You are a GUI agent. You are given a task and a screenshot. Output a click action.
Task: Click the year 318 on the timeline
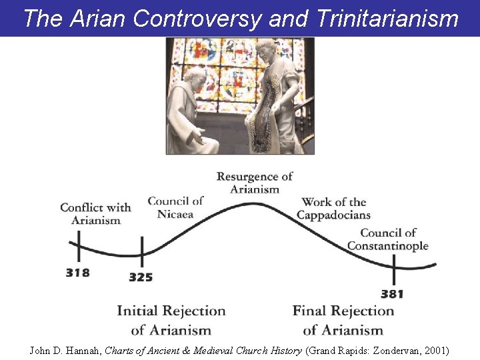(x=77, y=273)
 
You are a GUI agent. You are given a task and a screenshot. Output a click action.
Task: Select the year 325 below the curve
(x=141, y=277)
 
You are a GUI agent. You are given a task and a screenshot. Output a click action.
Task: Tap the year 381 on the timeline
(x=393, y=293)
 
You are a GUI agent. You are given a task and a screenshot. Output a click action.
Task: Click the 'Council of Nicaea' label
(x=175, y=207)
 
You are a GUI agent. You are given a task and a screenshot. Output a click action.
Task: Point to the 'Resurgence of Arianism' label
(x=255, y=183)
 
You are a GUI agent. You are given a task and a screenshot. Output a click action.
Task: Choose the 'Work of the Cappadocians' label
(x=333, y=208)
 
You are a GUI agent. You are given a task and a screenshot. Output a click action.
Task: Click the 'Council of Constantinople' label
(x=387, y=239)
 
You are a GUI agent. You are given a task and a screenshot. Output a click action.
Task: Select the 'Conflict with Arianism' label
(x=95, y=213)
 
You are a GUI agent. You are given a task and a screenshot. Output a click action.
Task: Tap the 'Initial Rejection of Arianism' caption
(x=171, y=320)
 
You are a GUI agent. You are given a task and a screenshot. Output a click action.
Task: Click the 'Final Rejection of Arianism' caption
(x=343, y=320)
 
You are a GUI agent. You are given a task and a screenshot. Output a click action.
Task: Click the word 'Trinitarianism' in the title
(x=388, y=19)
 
